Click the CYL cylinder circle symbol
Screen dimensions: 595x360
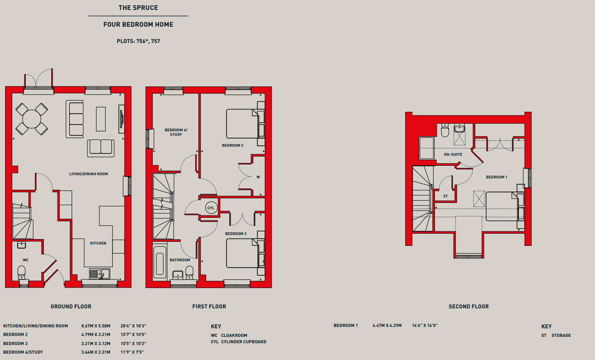(211, 208)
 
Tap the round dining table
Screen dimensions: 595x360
(32, 119)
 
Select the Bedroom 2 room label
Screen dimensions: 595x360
(232, 145)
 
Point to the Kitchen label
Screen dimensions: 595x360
(98, 243)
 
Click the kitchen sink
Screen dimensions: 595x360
(100, 274)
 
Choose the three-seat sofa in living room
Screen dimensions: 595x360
(75, 119)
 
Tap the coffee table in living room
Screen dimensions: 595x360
(101, 119)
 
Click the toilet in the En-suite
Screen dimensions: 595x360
(445, 130)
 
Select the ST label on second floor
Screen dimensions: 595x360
(445, 196)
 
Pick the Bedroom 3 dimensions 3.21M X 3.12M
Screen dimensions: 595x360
(96, 344)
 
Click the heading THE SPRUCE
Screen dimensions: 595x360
(138, 8)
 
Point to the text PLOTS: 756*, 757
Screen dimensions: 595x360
(138, 41)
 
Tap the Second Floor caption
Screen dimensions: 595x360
(469, 307)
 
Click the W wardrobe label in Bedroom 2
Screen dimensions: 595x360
(258, 177)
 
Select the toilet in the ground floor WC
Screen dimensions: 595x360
(21, 273)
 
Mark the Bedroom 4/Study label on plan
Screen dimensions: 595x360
(176, 132)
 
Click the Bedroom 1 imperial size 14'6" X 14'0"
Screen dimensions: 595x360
(425, 326)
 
